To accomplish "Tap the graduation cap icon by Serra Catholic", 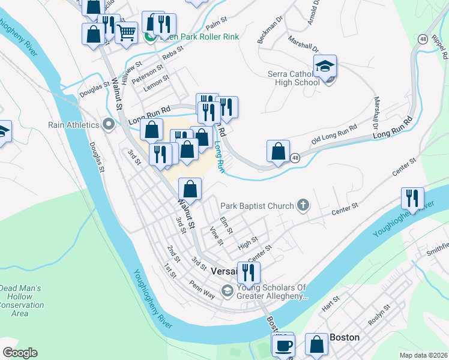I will (325, 67).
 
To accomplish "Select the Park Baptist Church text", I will (258, 206).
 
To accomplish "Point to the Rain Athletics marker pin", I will (109, 125).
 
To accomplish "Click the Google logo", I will (20, 353).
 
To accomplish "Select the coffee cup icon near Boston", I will (283, 346).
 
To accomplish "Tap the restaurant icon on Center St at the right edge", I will (412, 197).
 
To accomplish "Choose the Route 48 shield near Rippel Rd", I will (423, 38).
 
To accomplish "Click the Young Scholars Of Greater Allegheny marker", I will (227, 292).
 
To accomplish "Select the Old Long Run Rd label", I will (334, 136).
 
